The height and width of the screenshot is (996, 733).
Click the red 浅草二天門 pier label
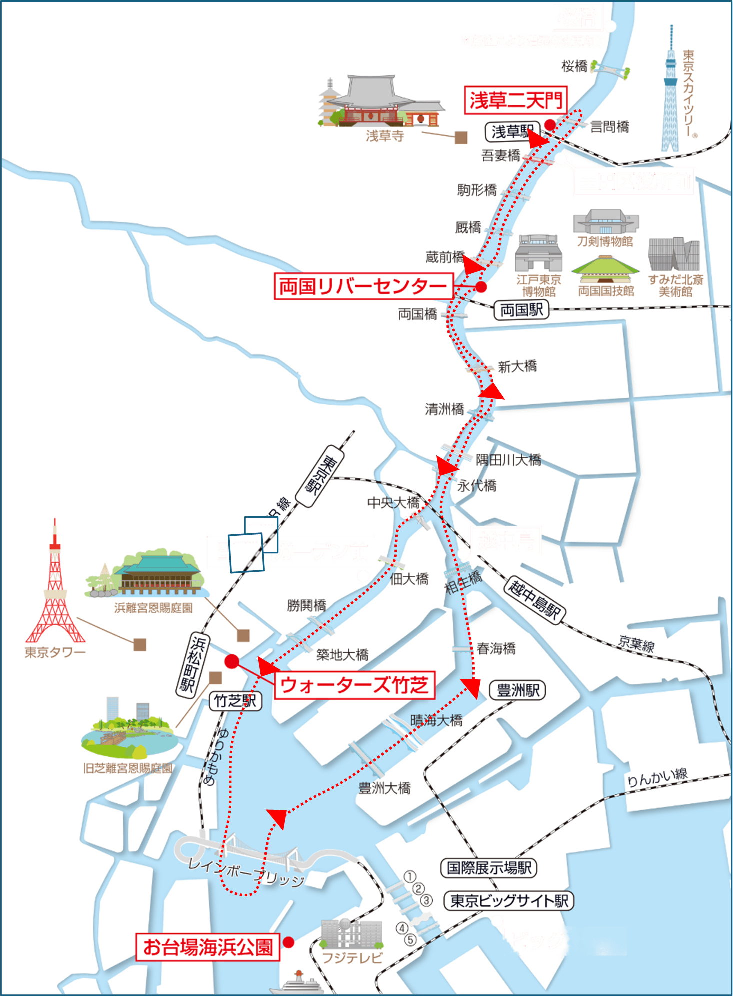[515, 100]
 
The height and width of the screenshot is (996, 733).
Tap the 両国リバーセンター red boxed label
[363, 286]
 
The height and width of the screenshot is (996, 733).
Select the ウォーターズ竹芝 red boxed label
[354, 685]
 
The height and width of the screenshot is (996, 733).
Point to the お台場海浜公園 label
[208, 947]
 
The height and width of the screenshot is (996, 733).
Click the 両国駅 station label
[521, 310]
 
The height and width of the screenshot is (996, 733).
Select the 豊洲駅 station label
[517, 690]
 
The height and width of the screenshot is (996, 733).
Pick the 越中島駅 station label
[534, 599]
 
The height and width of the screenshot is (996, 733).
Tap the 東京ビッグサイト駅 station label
[509, 901]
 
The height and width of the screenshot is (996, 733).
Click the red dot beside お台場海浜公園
[288, 942]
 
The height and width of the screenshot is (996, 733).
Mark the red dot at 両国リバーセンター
[481, 286]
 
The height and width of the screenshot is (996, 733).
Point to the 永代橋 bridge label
[477, 485]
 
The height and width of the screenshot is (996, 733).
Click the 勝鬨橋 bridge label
[306, 606]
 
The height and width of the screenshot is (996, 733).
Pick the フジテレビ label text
[352, 958]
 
